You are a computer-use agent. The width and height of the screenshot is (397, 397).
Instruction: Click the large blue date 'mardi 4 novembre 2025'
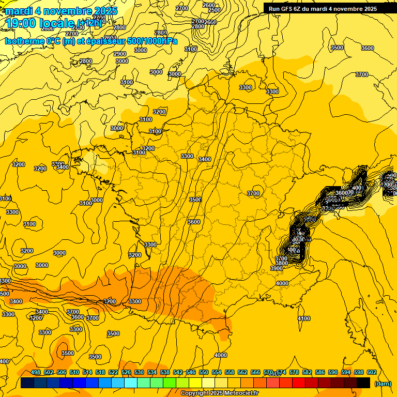click(61, 11)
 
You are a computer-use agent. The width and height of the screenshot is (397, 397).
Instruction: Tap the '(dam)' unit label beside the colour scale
click(382, 383)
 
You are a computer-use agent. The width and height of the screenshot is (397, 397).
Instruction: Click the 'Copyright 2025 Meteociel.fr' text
click(219, 393)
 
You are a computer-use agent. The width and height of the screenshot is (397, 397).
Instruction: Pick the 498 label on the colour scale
click(36, 372)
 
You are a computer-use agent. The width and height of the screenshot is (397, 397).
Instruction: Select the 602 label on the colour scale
click(371, 372)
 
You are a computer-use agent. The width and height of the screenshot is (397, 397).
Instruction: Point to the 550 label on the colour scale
click(204, 372)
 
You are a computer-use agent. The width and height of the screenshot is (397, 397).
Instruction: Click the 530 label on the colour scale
click(139, 372)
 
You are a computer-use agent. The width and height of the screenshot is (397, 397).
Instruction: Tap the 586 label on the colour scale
click(319, 372)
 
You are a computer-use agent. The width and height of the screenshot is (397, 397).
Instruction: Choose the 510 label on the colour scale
click(74, 372)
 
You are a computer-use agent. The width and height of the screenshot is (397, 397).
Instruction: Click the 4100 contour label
click(304, 318)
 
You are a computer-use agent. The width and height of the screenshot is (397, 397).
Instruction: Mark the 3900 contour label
click(277, 268)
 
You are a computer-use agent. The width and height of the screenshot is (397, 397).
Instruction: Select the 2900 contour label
click(120, 54)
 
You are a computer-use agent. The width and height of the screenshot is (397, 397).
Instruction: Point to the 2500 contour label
click(215, 10)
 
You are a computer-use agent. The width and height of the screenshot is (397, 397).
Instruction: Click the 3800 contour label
click(281, 263)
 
